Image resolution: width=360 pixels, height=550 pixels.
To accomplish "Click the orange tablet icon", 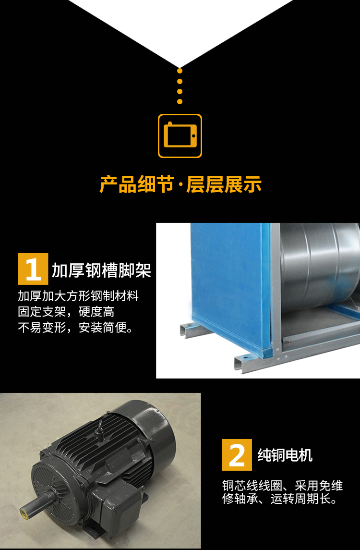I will pos(180,135).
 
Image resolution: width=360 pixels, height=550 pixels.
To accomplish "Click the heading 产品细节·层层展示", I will pos(180,184).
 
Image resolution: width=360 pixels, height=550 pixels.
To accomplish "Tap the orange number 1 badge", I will pos(33,269).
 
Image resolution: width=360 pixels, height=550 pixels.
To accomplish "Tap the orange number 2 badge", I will pos(237,454).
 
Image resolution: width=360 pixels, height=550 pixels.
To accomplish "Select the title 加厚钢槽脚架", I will pos(101,270).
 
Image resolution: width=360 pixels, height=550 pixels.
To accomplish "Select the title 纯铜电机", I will pos(285,455).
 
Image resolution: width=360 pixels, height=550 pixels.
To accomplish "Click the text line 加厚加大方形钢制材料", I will pos(78,295).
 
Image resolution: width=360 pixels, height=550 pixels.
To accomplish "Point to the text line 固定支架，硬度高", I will pos(66,312).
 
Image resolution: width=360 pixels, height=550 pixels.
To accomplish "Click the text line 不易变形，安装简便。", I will pos(76,328).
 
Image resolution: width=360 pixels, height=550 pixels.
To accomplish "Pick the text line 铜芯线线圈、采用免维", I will pos(282,485).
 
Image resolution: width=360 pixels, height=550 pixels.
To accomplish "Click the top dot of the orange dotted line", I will pos(180,71).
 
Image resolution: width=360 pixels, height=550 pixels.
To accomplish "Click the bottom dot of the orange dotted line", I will pos(180,101).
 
